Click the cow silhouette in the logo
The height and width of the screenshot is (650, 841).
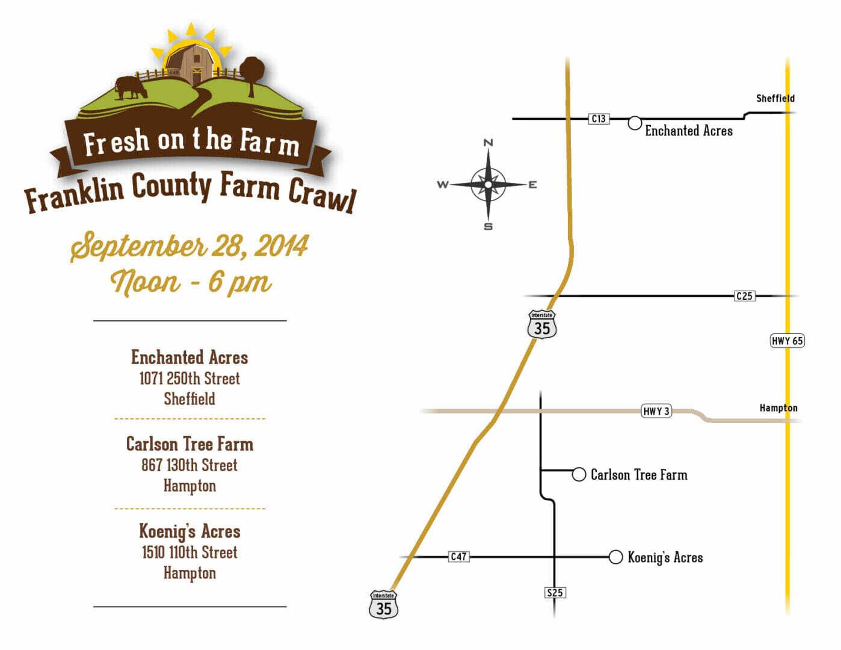click(131, 88)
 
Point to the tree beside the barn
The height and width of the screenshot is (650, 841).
click(251, 73)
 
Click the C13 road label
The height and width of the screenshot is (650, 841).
click(599, 119)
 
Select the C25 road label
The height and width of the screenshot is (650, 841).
click(744, 296)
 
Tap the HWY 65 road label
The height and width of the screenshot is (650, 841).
click(787, 341)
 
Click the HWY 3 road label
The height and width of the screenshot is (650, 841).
click(656, 412)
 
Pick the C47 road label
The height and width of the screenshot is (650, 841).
click(458, 557)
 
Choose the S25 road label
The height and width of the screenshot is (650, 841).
click(555, 593)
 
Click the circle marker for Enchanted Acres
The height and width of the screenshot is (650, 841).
click(635, 123)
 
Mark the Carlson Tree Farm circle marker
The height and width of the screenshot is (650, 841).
click(579, 475)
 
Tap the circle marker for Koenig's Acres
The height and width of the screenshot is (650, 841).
click(615, 557)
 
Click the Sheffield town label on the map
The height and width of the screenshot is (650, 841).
click(775, 98)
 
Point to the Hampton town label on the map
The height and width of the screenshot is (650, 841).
click(778, 408)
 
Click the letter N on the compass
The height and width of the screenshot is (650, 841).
click(488, 143)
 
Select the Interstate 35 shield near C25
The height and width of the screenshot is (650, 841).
click(542, 324)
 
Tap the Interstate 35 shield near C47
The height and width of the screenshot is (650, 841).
click(384, 605)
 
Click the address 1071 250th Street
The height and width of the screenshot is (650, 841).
click(189, 379)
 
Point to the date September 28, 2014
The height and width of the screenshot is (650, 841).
click(189, 246)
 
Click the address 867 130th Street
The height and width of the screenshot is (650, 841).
click(189, 465)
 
